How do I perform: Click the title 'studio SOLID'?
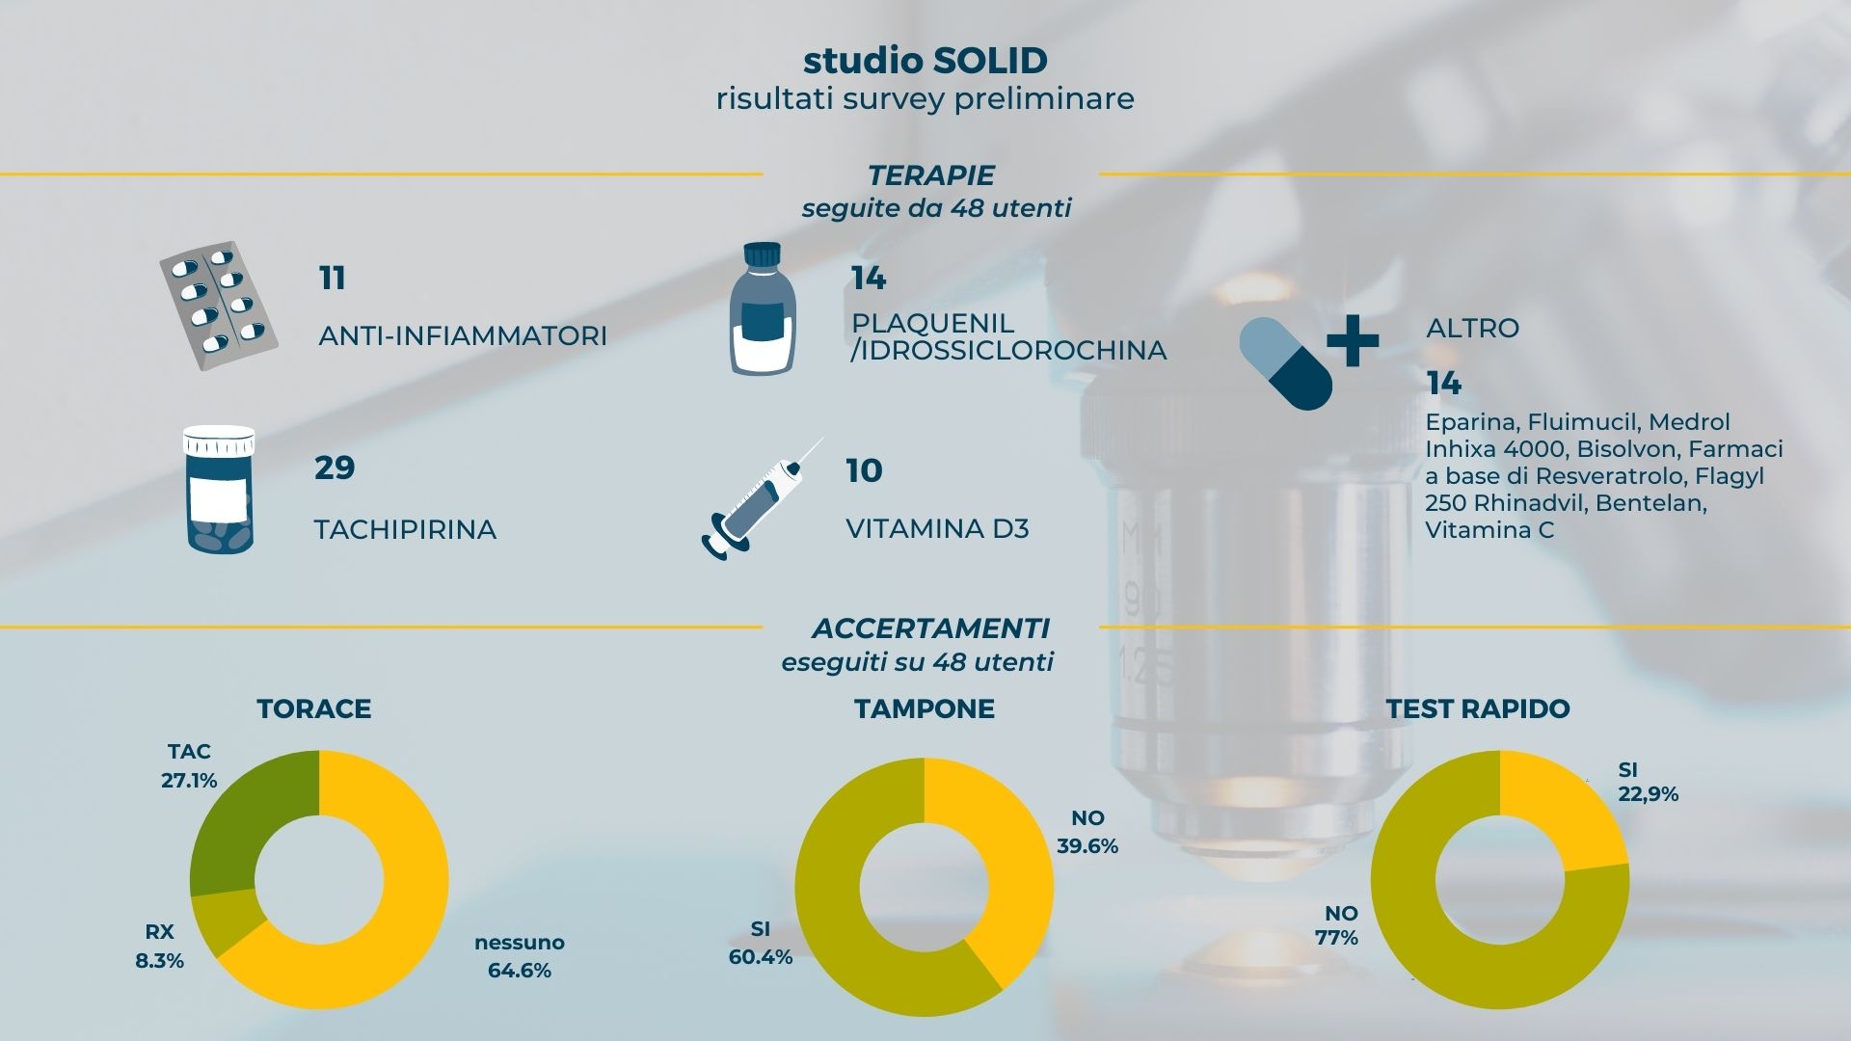point(925,61)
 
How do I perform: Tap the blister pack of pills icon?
point(219,306)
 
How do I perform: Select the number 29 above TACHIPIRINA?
point(335,467)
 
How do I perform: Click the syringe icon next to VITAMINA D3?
point(762,498)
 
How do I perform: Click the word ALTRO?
point(1472,328)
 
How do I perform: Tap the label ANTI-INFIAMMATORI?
point(463,336)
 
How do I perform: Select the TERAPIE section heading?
point(930,175)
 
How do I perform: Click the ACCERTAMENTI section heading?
point(930,628)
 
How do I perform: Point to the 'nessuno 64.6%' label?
point(520,956)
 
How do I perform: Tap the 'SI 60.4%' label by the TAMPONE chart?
point(761,943)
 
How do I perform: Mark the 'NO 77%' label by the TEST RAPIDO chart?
point(1337,925)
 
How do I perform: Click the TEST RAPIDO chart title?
point(1478,709)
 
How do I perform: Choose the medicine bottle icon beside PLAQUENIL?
point(763,308)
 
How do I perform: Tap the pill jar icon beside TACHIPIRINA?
point(220,490)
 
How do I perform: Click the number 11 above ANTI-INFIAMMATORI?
point(332,279)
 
